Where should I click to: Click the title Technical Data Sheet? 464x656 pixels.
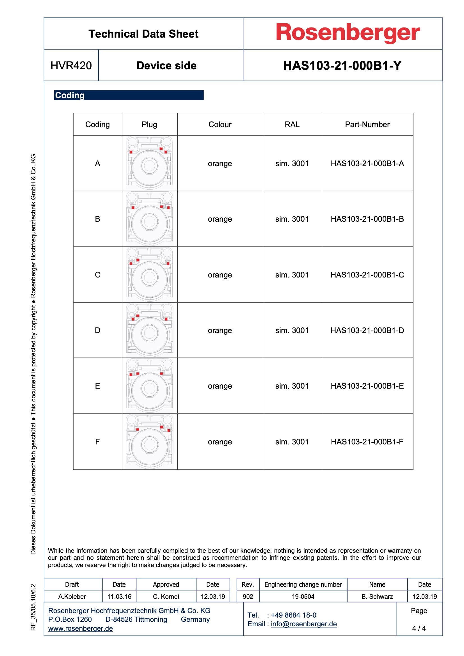pyautogui.click(x=143, y=34)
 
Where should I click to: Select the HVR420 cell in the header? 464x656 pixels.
pyautogui.click(x=71, y=66)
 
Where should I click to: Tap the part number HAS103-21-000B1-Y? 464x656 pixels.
pyautogui.click(x=342, y=66)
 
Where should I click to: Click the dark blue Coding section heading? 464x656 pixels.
pyautogui.click(x=129, y=95)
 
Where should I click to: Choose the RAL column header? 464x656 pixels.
pyautogui.click(x=292, y=125)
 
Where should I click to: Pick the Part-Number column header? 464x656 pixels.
pyautogui.click(x=367, y=125)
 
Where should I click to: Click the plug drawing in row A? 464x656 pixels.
pyautogui.click(x=150, y=163)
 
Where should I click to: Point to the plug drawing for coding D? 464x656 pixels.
pyautogui.click(x=150, y=330)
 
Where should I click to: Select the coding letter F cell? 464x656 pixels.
pyautogui.click(x=97, y=442)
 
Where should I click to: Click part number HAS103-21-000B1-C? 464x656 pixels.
pyautogui.click(x=367, y=275)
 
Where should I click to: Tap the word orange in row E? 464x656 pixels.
pyautogui.click(x=220, y=386)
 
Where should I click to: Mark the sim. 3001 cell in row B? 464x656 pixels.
pyautogui.click(x=292, y=219)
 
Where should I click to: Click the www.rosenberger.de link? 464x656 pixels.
pyautogui.click(x=81, y=628)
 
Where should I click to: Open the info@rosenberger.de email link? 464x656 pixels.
pyautogui.click(x=304, y=624)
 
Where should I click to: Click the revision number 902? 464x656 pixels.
pyautogui.click(x=248, y=596)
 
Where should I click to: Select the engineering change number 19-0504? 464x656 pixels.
pyautogui.click(x=303, y=596)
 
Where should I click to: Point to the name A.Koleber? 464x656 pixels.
pyautogui.click(x=72, y=596)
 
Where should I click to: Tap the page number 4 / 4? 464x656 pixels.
pyautogui.click(x=419, y=628)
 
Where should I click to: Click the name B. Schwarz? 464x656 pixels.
pyautogui.click(x=377, y=596)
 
